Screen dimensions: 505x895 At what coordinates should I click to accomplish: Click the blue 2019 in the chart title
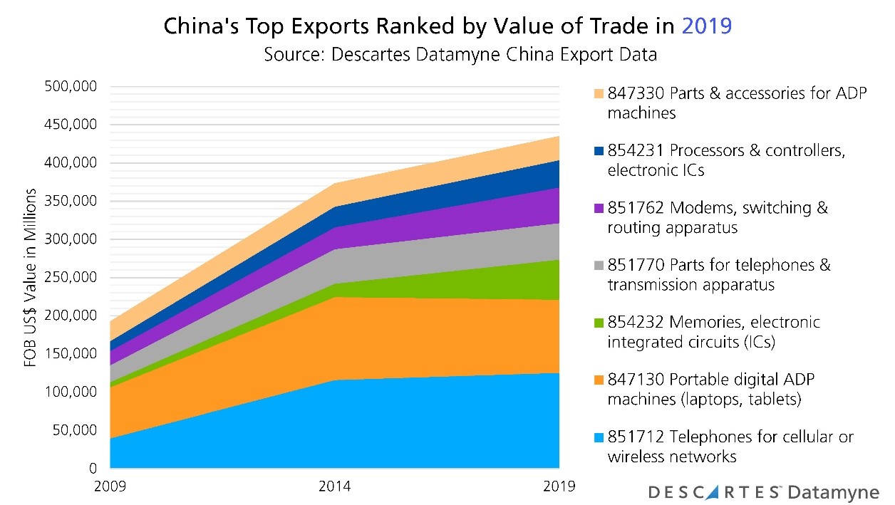click(x=707, y=26)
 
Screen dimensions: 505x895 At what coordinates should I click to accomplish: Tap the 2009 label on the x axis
click(x=110, y=487)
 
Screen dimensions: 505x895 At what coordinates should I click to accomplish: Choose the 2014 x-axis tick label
click(x=334, y=487)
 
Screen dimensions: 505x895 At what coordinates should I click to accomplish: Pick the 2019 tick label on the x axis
click(x=558, y=487)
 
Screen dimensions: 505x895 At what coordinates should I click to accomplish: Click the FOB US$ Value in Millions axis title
click(x=30, y=278)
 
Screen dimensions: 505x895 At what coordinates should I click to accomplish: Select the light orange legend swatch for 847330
click(x=598, y=94)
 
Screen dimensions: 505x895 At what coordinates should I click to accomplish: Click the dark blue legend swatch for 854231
click(x=598, y=151)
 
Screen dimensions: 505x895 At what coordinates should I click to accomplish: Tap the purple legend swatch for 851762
click(x=598, y=208)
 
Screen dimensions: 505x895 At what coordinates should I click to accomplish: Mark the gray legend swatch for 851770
click(x=598, y=265)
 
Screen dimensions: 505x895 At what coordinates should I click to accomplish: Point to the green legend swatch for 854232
click(x=598, y=322)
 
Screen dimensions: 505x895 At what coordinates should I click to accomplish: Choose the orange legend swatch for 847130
click(x=598, y=379)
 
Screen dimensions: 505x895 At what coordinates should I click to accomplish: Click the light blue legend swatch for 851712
click(x=598, y=436)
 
